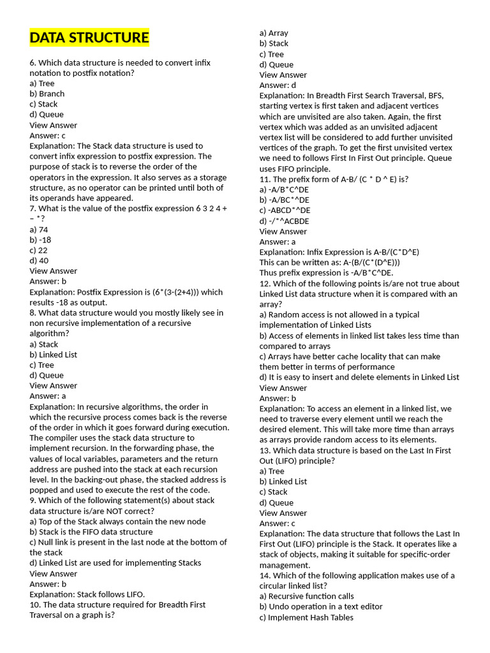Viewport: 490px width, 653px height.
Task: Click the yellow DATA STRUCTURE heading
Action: pyautogui.click(x=89, y=38)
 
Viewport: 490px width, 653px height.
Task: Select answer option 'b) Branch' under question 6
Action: pyautogui.click(x=47, y=94)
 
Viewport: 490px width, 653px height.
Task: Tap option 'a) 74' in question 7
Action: pyautogui.click(x=39, y=230)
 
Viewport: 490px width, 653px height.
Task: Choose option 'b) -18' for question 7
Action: pyautogui.click(x=40, y=240)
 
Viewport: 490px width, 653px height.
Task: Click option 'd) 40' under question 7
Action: pyautogui.click(x=39, y=260)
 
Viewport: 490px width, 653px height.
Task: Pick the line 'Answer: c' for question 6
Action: pyautogui.click(x=48, y=135)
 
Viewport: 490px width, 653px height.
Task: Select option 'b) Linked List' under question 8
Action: pyautogui.click(x=54, y=355)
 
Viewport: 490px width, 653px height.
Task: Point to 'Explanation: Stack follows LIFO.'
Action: pyautogui.click(x=87, y=594)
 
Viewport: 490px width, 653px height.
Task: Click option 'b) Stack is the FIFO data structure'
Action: pyautogui.click(x=91, y=532)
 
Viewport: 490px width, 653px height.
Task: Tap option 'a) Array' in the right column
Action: pyautogui.click(x=274, y=33)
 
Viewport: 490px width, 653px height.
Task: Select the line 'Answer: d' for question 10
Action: pyautogui.click(x=278, y=85)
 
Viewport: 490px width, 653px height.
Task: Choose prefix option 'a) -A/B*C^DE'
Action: pyautogui.click(x=285, y=189)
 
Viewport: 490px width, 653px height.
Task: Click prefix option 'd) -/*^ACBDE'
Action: pyautogui.click(x=285, y=221)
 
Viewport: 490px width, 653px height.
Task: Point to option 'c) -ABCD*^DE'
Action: pyautogui.click(x=285, y=210)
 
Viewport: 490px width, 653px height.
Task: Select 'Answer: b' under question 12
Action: pyautogui.click(x=278, y=398)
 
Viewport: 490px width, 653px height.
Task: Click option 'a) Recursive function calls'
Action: pyautogui.click(x=307, y=596)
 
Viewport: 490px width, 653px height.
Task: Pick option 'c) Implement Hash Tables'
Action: pyautogui.click(x=306, y=617)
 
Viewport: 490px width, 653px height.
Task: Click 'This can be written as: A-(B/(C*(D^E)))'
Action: pyautogui.click(x=330, y=262)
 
